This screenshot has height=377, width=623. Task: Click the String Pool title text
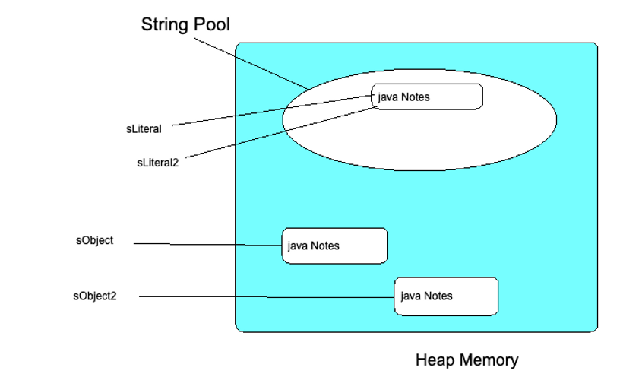tap(185, 24)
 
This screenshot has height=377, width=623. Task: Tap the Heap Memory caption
tap(466, 360)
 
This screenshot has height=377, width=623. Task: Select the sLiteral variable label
tap(144, 129)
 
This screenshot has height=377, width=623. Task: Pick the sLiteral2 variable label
tap(158, 163)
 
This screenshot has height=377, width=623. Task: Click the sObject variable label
tap(94, 241)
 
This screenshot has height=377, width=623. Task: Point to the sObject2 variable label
tap(95, 296)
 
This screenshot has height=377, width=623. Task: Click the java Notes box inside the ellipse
tap(427, 97)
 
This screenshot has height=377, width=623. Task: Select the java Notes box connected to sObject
tap(335, 246)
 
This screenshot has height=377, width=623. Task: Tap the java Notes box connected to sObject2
tap(446, 296)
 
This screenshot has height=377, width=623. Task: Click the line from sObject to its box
tap(208, 245)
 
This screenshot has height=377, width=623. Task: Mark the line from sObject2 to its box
tap(267, 296)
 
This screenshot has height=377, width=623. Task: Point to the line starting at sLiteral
tap(273, 110)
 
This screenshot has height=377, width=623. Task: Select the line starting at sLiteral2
tap(281, 132)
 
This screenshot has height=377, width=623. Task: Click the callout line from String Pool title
tap(251, 64)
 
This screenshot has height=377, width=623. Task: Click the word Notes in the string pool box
tap(416, 97)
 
